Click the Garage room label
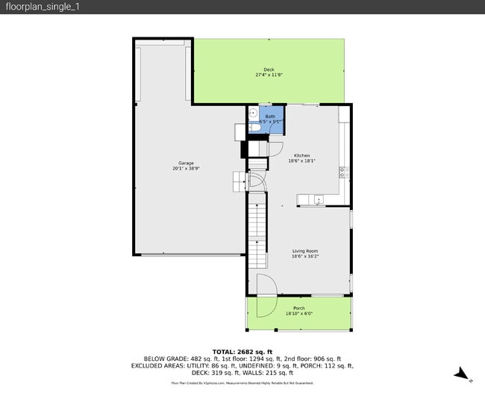pos(186,163)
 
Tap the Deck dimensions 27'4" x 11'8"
pos(269,75)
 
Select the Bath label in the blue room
pos(270,117)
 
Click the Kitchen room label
pos(301,155)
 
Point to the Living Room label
pos(304,251)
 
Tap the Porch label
pos(298,309)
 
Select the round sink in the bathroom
pos(253,114)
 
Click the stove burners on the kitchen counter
pos(344,171)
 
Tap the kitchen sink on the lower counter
pos(319,199)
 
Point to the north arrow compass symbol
pos(463,374)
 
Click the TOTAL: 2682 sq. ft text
pos(242,352)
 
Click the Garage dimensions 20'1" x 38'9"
pos(186,168)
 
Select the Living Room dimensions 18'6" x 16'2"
pos(304,256)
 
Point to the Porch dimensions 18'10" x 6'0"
pos(298,314)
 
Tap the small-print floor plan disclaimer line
pos(242,383)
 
